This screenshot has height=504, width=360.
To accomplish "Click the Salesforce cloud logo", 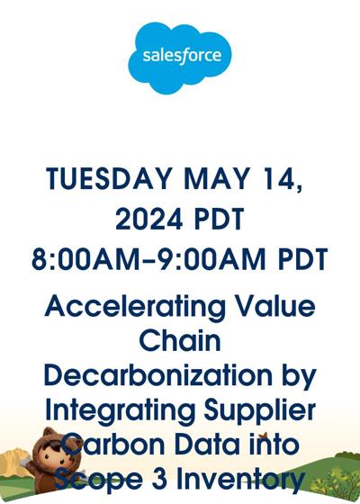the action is pos(180,58).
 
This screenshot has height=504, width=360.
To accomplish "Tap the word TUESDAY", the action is pos(108,179).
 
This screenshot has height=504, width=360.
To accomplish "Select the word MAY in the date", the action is pos(217,179).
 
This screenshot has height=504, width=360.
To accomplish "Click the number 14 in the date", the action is pos(281,179).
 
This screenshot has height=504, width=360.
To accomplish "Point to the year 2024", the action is pos(148,219).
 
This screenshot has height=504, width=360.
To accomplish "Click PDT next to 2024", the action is pos(220,219).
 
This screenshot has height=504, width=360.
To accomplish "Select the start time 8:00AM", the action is pos(85,259).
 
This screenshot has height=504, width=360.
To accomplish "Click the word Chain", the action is pos(180,340).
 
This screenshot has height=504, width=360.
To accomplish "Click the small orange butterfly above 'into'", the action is pos(264,436).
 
